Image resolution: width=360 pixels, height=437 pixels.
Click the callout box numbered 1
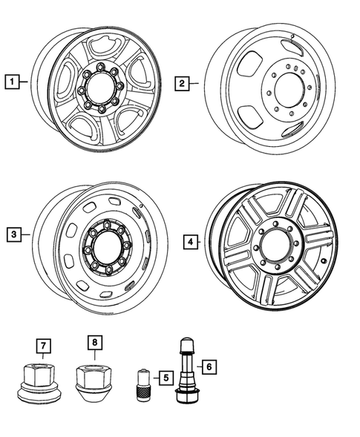pos(12,79)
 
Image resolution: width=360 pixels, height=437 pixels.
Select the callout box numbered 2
pos(182,84)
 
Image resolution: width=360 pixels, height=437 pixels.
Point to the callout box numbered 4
pos(190,241)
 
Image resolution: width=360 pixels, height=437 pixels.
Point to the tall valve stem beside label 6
pos(185,371)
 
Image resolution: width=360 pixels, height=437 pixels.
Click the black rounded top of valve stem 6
pos(185,346)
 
